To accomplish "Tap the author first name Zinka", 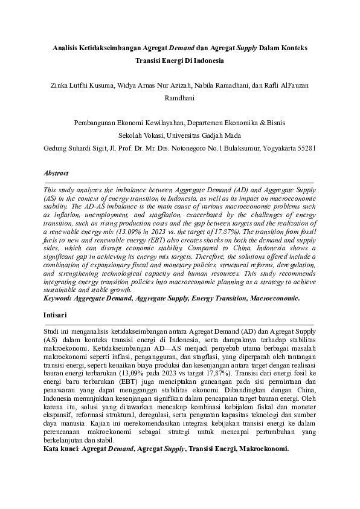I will (61, 85).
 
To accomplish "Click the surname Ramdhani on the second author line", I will (179, 97).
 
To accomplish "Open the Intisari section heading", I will (55, 316).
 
